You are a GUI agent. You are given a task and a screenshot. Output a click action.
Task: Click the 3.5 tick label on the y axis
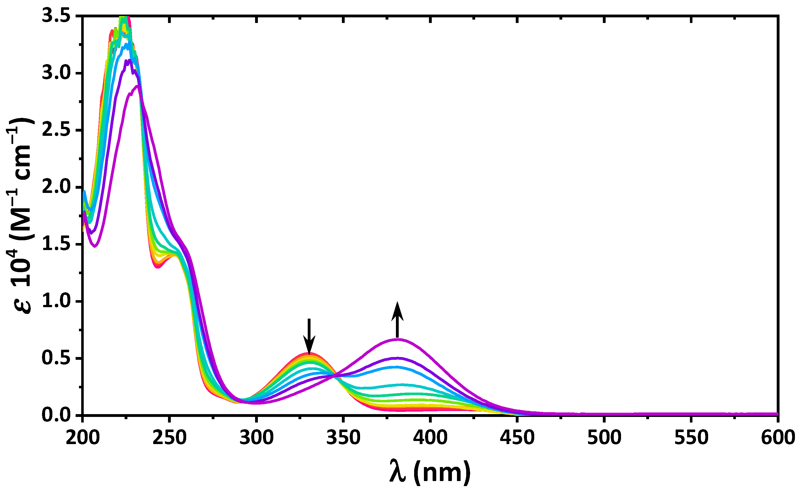(56, 16)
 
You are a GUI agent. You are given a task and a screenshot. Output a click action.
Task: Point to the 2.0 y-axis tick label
(56, 187)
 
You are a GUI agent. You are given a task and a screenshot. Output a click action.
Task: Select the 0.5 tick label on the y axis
(56, 358)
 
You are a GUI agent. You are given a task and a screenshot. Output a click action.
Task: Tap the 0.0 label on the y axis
(56, 416)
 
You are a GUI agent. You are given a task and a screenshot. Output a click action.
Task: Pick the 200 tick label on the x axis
(83, 437)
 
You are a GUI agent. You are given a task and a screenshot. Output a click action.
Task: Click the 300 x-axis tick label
(256, 437)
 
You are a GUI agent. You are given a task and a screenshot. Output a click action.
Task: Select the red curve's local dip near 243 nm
(158, 267)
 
